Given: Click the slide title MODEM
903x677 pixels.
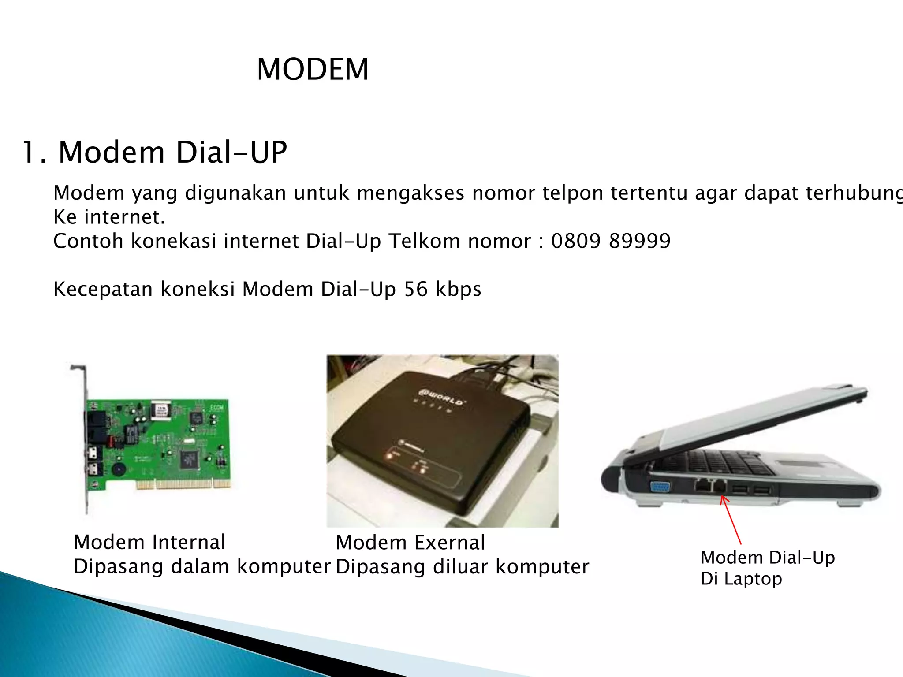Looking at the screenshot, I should (312, 70).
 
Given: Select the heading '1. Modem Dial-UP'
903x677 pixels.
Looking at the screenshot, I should (154, 153).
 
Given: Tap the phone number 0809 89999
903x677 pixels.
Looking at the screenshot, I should (611, 241).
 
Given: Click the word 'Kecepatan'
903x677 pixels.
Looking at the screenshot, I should (103, 290).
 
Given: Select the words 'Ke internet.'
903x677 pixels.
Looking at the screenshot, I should (109, 217).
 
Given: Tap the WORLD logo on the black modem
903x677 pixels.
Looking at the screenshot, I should (441, 396).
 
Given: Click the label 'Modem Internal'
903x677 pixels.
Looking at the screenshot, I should (149, 542).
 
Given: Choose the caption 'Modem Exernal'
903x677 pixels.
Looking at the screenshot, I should (410, 543).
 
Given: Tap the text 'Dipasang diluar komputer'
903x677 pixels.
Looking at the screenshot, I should (462, 567).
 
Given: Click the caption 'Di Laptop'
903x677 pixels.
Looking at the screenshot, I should (741, 579).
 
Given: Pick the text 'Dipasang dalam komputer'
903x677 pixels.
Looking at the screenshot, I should (202, 567).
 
